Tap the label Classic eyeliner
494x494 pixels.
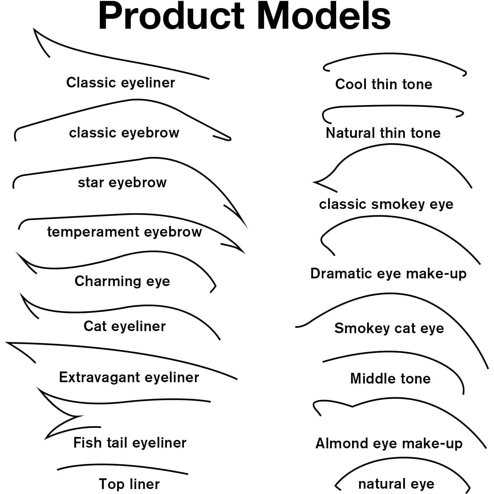pos(120,82)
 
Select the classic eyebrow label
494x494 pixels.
pos(124,133)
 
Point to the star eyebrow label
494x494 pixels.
pos(122,182)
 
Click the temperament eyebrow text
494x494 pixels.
pos(125,232)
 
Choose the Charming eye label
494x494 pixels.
pos(122,281)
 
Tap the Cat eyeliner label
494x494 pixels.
pos(125,326)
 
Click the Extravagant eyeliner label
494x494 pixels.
pos(129,377)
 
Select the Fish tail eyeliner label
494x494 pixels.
pos(130,443)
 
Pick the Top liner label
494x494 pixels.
pos(130,484)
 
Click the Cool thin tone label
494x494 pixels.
pos(384,84)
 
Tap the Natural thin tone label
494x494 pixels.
pos(383,133)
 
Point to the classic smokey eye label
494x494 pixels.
pos(386,204)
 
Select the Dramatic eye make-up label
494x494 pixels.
pos(388,273)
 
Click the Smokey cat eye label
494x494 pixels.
pos(389,328)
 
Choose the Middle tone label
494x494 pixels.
pos(390,379)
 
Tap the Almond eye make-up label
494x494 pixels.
pos(389,443)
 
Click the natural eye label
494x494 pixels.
pos(396,483)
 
